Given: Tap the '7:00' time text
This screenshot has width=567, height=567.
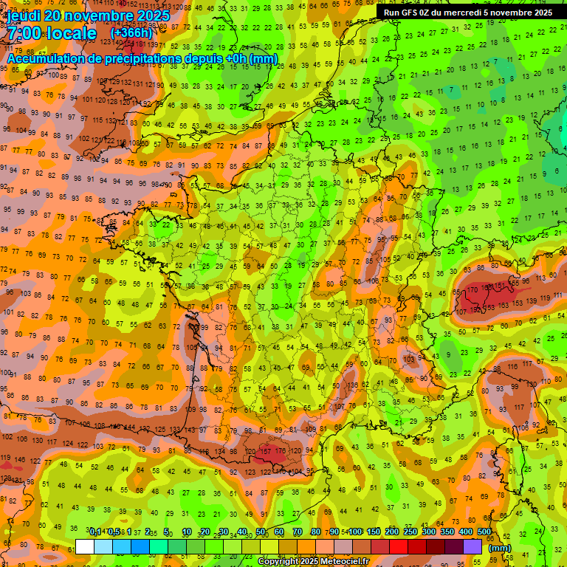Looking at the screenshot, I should (x=27, y=33).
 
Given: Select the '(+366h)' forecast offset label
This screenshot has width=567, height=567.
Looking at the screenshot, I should (x=131, y=33).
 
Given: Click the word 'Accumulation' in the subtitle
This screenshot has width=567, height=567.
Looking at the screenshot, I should (x=45, y=58).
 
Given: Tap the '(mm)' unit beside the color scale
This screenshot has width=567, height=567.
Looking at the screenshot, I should (x=500, y=548).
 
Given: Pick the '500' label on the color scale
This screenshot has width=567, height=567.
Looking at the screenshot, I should (x=484, y=532).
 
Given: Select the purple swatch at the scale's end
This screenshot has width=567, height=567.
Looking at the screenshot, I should (x=473, y=546).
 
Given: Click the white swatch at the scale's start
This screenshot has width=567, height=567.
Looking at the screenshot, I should (x=85, y=546).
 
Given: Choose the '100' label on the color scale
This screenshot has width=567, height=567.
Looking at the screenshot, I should (x=355, y=532).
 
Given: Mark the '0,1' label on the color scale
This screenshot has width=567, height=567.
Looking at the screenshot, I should (x=95, y=532).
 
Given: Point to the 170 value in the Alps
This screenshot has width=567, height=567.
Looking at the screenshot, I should (x=472, y=290).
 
